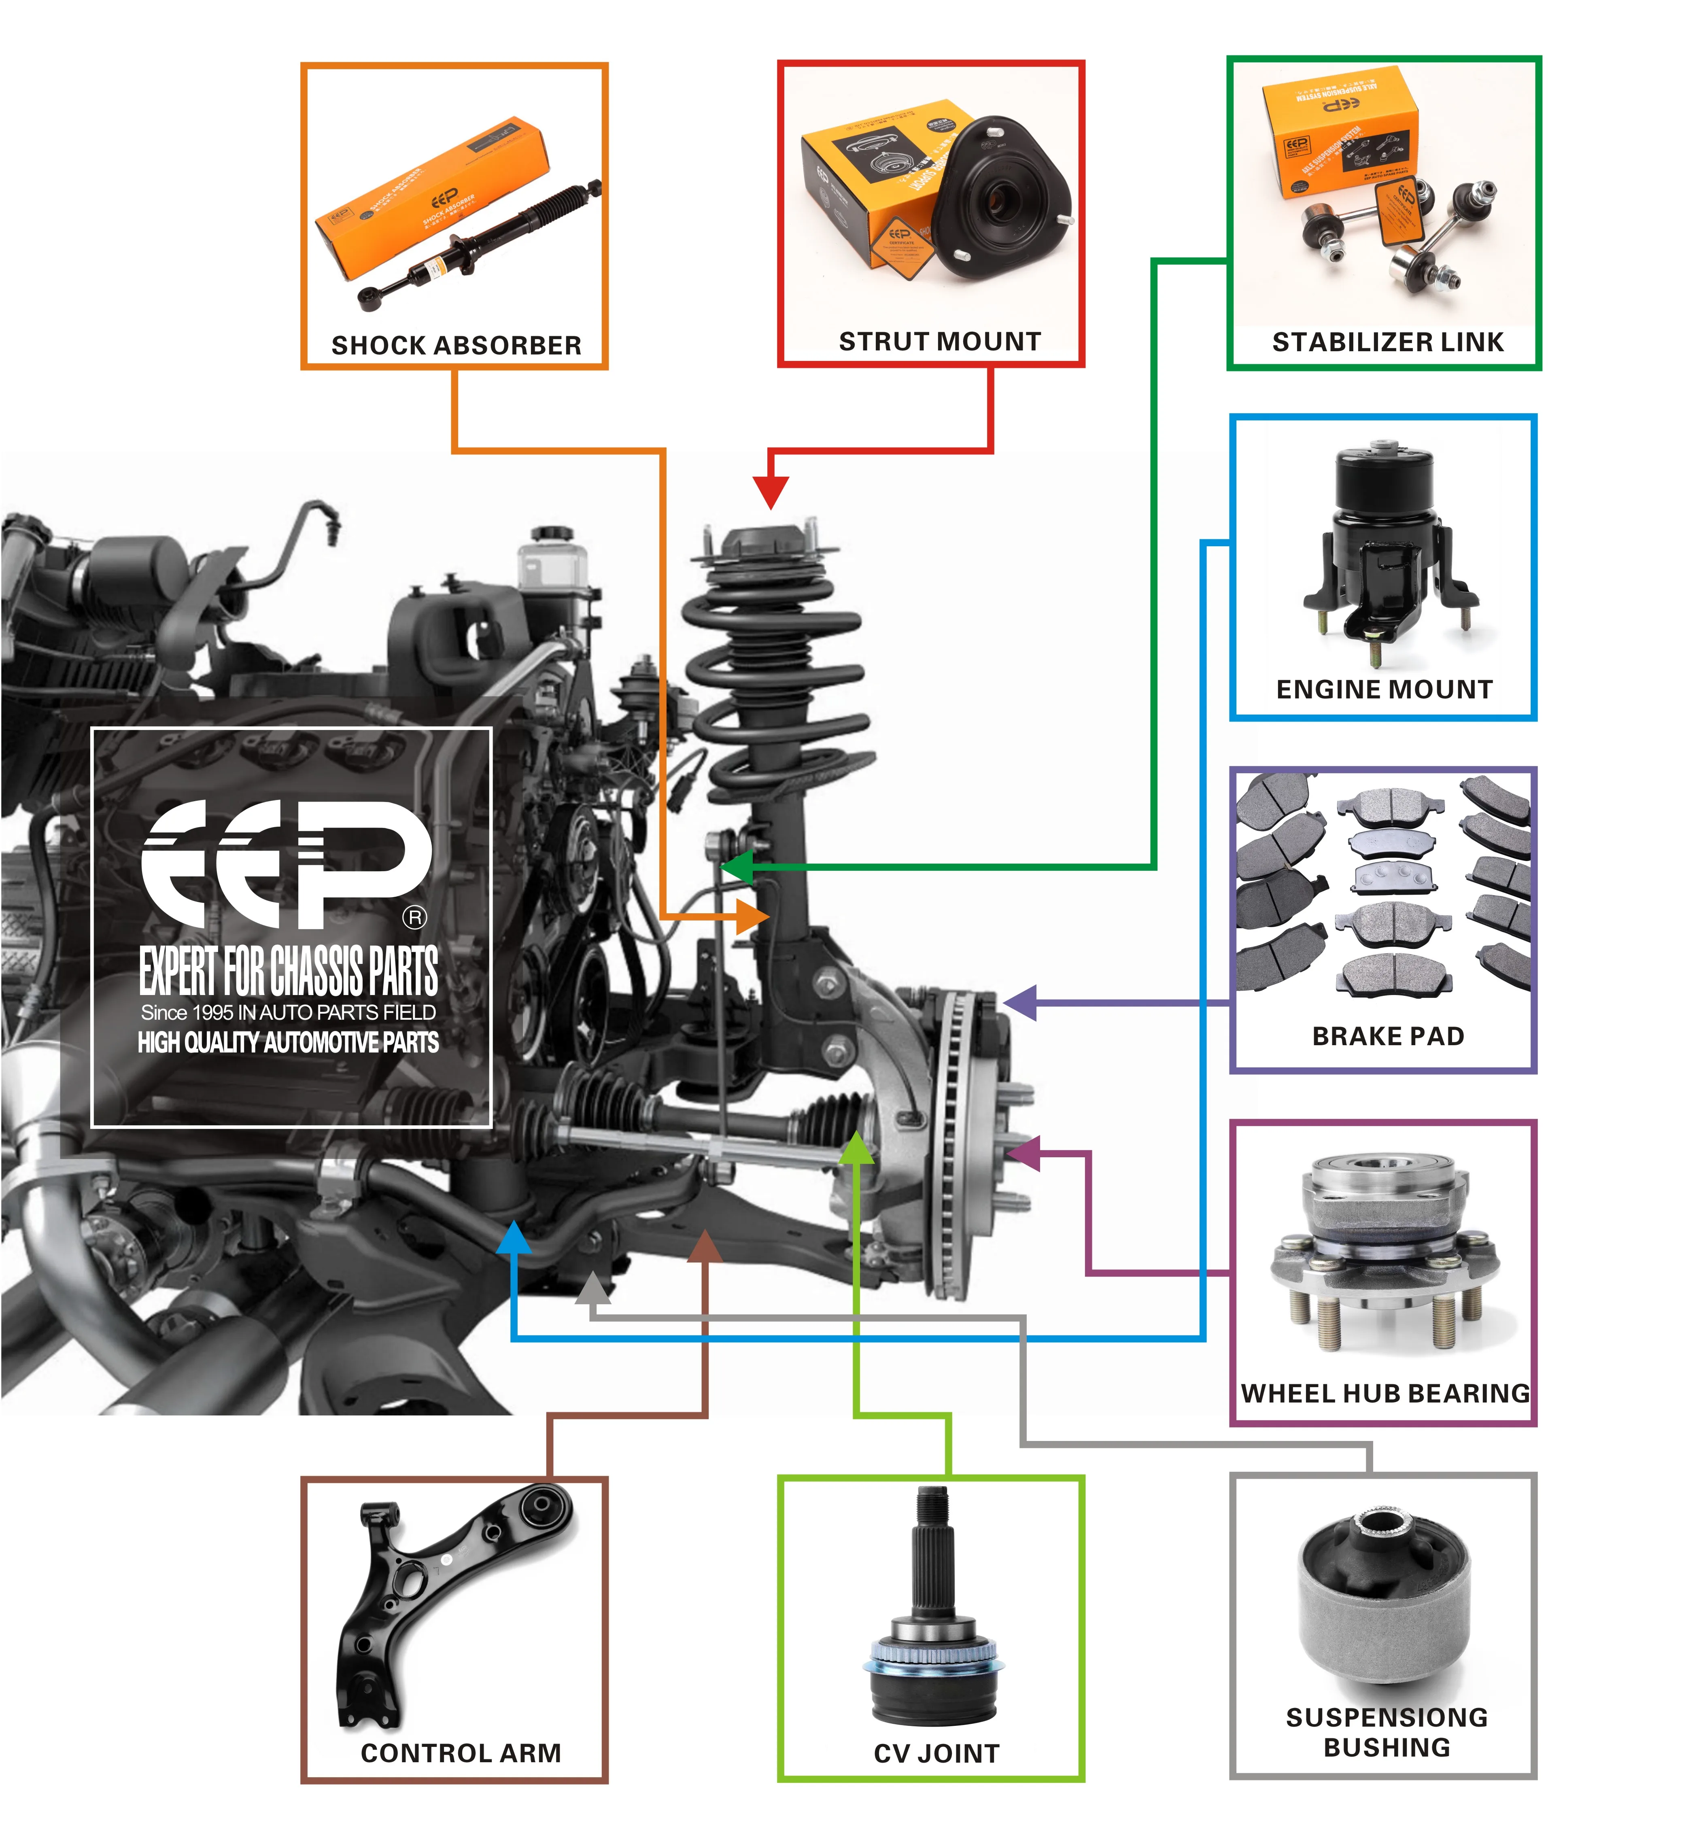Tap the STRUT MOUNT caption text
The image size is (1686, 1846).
click(940, 342)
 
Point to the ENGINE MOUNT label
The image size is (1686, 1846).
click(1384, 690)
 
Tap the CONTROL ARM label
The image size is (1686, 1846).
click(461, 1753)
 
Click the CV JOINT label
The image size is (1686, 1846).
click(936, 1753)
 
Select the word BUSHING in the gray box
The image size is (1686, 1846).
click(1387, 1747)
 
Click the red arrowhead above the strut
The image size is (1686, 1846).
click(771, 492)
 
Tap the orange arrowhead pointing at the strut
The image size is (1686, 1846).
click(753, 916)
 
